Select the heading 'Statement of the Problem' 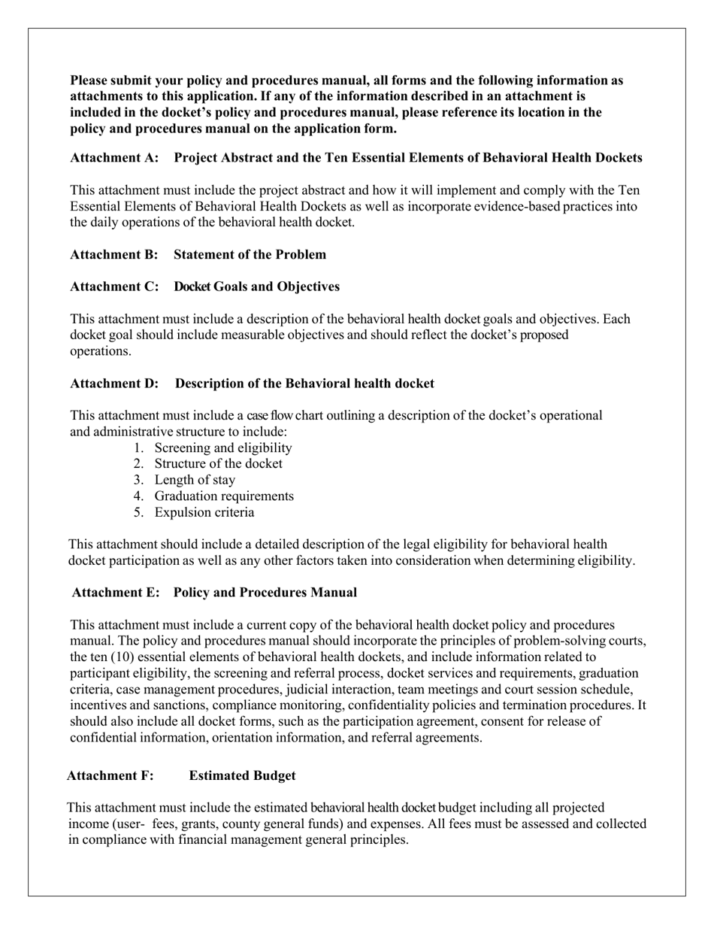click(x=250, y=254)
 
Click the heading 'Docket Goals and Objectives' click(x=256, y=287)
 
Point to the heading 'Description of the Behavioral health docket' click(x=304, y=384)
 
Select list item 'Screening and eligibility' click(x=223, y=448)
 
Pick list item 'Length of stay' click(x=195, y=480)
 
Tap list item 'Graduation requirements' click(x=224, y=496)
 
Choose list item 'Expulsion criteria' click(x=204, y=513)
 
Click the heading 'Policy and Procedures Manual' click(x=265, y=593)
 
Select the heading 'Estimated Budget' click(x=242, y=776)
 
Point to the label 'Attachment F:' click(x=110, y=776)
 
